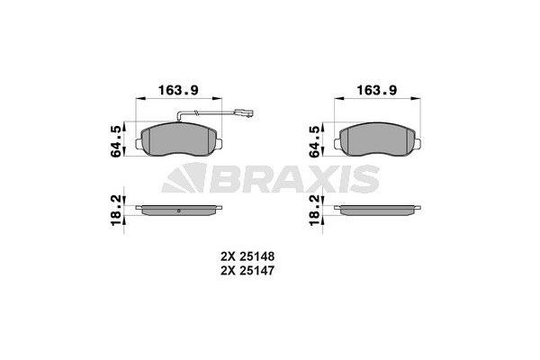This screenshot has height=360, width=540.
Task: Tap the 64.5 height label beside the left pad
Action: click(x=115, y=141)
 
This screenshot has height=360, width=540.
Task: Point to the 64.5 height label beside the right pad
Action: click(x=314, y=141)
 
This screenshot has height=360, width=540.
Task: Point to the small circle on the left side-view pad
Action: click(x=179, y=211)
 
